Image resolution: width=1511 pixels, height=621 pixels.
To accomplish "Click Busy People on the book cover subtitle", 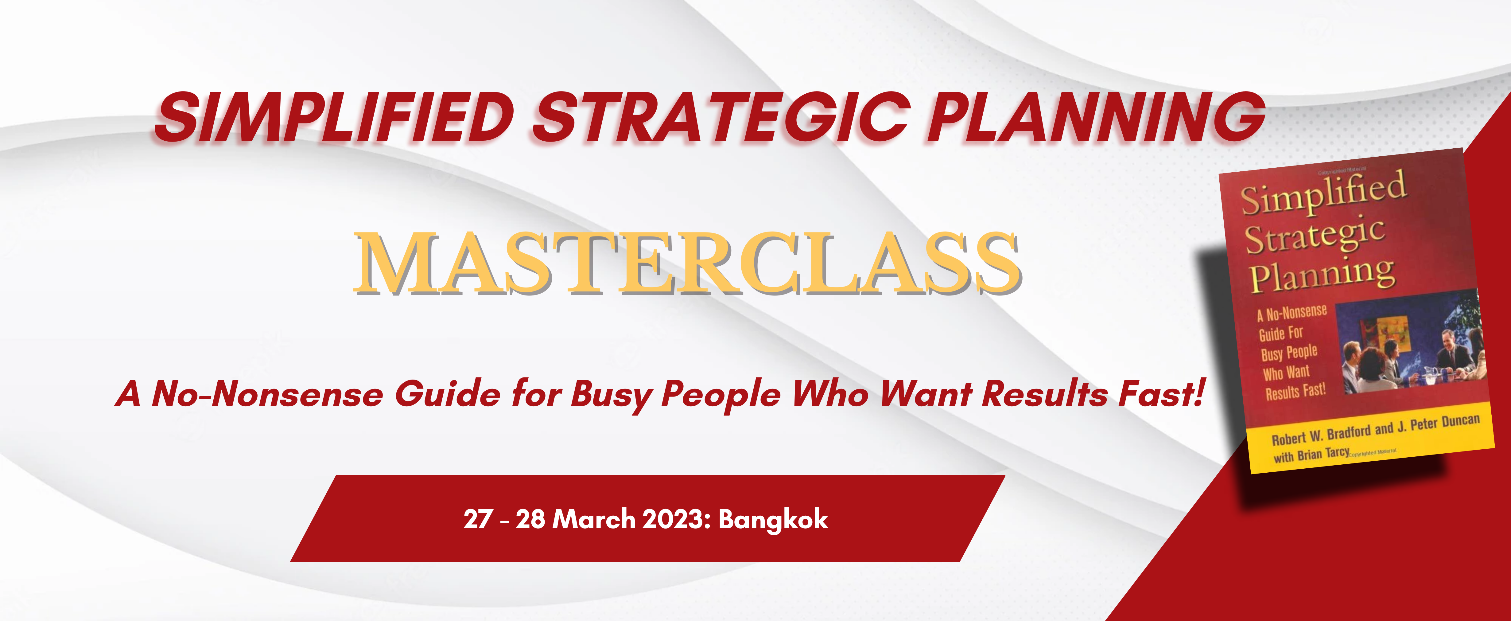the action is point(1289,353).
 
